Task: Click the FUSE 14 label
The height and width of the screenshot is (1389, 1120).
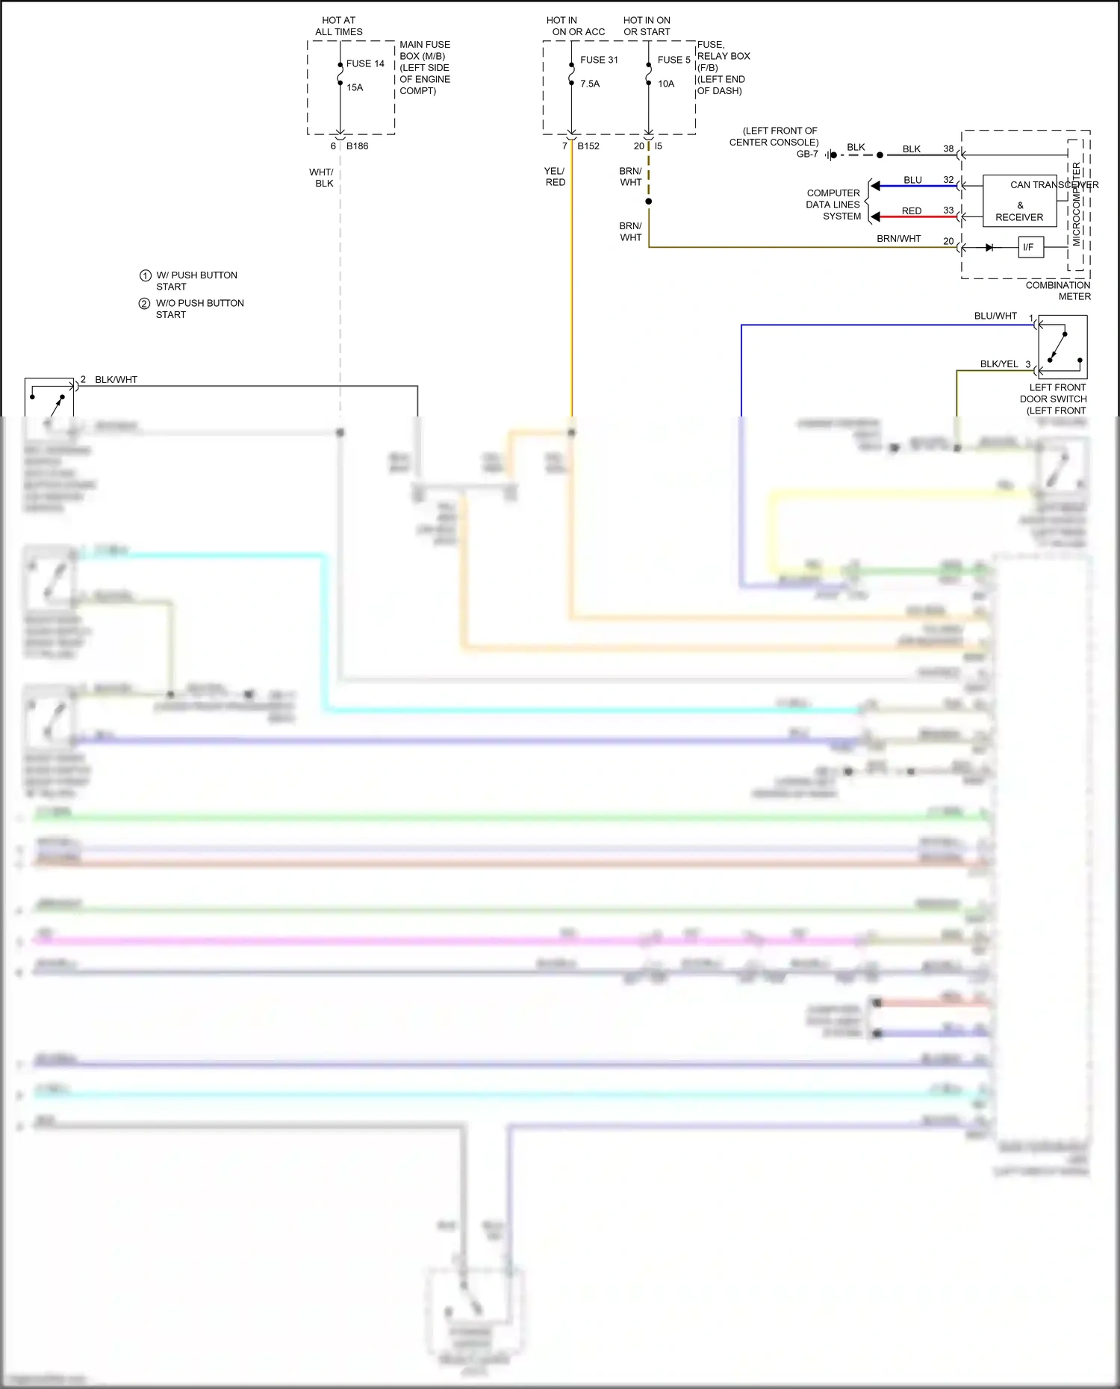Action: point(365,63)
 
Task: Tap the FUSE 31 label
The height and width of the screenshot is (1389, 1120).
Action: point(599,60)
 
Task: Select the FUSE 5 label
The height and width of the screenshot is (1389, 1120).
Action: point(673,60)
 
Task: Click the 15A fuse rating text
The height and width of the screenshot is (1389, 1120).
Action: point(355,87)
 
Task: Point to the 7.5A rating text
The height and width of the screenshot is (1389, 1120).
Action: point(590,84)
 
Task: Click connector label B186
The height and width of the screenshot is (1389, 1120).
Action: point(357,146)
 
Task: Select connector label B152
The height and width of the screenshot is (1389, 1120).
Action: point(588,146)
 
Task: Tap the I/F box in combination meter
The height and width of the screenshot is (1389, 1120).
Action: point(1030,247)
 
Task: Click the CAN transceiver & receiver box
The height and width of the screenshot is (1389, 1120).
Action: point(1019,201)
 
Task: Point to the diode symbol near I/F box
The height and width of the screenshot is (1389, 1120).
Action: point(989,247)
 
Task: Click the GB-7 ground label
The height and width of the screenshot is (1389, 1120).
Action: point(807,154)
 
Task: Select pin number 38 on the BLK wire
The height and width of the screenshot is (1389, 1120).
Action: point(948,149)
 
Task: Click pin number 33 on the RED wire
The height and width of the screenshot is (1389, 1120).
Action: point(948,210)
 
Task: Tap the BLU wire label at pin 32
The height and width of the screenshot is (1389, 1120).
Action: point(912,180)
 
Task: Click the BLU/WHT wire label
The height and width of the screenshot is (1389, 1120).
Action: point(995,316)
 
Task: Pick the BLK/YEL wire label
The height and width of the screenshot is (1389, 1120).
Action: point(999,363)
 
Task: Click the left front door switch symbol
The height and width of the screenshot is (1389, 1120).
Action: point(1063,346)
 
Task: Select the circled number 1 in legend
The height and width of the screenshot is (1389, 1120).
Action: point(146,275)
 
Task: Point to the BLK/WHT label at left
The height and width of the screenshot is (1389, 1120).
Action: point(116,379)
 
